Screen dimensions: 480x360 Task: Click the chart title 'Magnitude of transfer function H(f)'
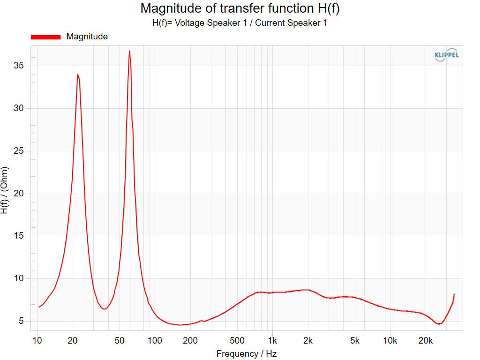click(x=240, y=8)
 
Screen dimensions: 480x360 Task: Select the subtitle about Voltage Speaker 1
click(x=240, y=23)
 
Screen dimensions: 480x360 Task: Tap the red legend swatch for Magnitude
click(x=45, y=37)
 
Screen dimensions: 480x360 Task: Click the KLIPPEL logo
click(x=447, y=55)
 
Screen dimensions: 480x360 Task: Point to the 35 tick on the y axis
click(x=19, y=66)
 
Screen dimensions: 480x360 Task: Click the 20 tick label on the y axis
click(x=19, y=194)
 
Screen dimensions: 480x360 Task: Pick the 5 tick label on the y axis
click(x=21, y=321)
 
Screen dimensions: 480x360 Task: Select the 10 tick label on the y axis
click(x=19, y=278)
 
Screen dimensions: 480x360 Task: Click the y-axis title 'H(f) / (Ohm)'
click(x=4, y=190)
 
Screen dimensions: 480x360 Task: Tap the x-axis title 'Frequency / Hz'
click(x=247, y=354)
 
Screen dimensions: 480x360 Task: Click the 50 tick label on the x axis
click(x=120, y=341)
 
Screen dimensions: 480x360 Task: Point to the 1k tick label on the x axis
click(x=272, y=341)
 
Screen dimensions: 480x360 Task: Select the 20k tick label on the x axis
click(x=426, y=341)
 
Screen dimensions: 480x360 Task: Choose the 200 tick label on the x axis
click(x=190, y=341)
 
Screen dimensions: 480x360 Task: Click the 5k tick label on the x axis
click(x=354, y=341)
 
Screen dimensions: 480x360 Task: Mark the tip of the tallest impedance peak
click(x=129, y=51)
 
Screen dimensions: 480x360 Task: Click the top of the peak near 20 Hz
click(x=77, y=75)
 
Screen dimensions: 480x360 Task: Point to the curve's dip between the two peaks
click(x=105, y=309)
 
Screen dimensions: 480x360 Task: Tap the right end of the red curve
click(x=454, y=294)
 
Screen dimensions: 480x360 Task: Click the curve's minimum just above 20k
click(x=439, y=323)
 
